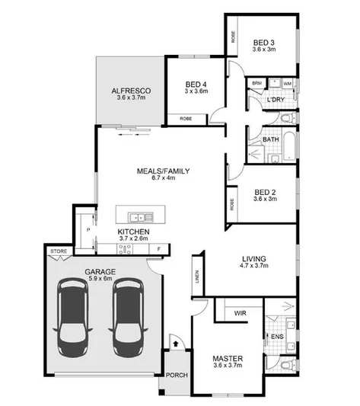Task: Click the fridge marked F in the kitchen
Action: pyautogui.click(x=159, y=248)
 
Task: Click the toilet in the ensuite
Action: pyautogui.click(x=285, y=366)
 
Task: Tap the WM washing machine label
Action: pyautogui.click(x=287, y=82)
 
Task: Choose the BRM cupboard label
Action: pyautogui.click(x=257, y=82)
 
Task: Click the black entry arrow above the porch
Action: pyautogui.click(x=176, y=344)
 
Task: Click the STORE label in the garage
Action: pyautogui.click(x=58, y=251)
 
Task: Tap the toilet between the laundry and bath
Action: pyautogui.click(x=285, y=119)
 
